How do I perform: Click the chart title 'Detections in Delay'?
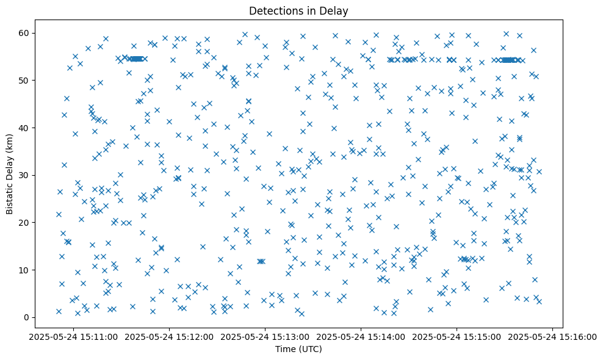click(298, 10)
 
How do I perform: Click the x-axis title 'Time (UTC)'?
click(298, 349)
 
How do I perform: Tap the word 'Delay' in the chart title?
click(335, 10)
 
